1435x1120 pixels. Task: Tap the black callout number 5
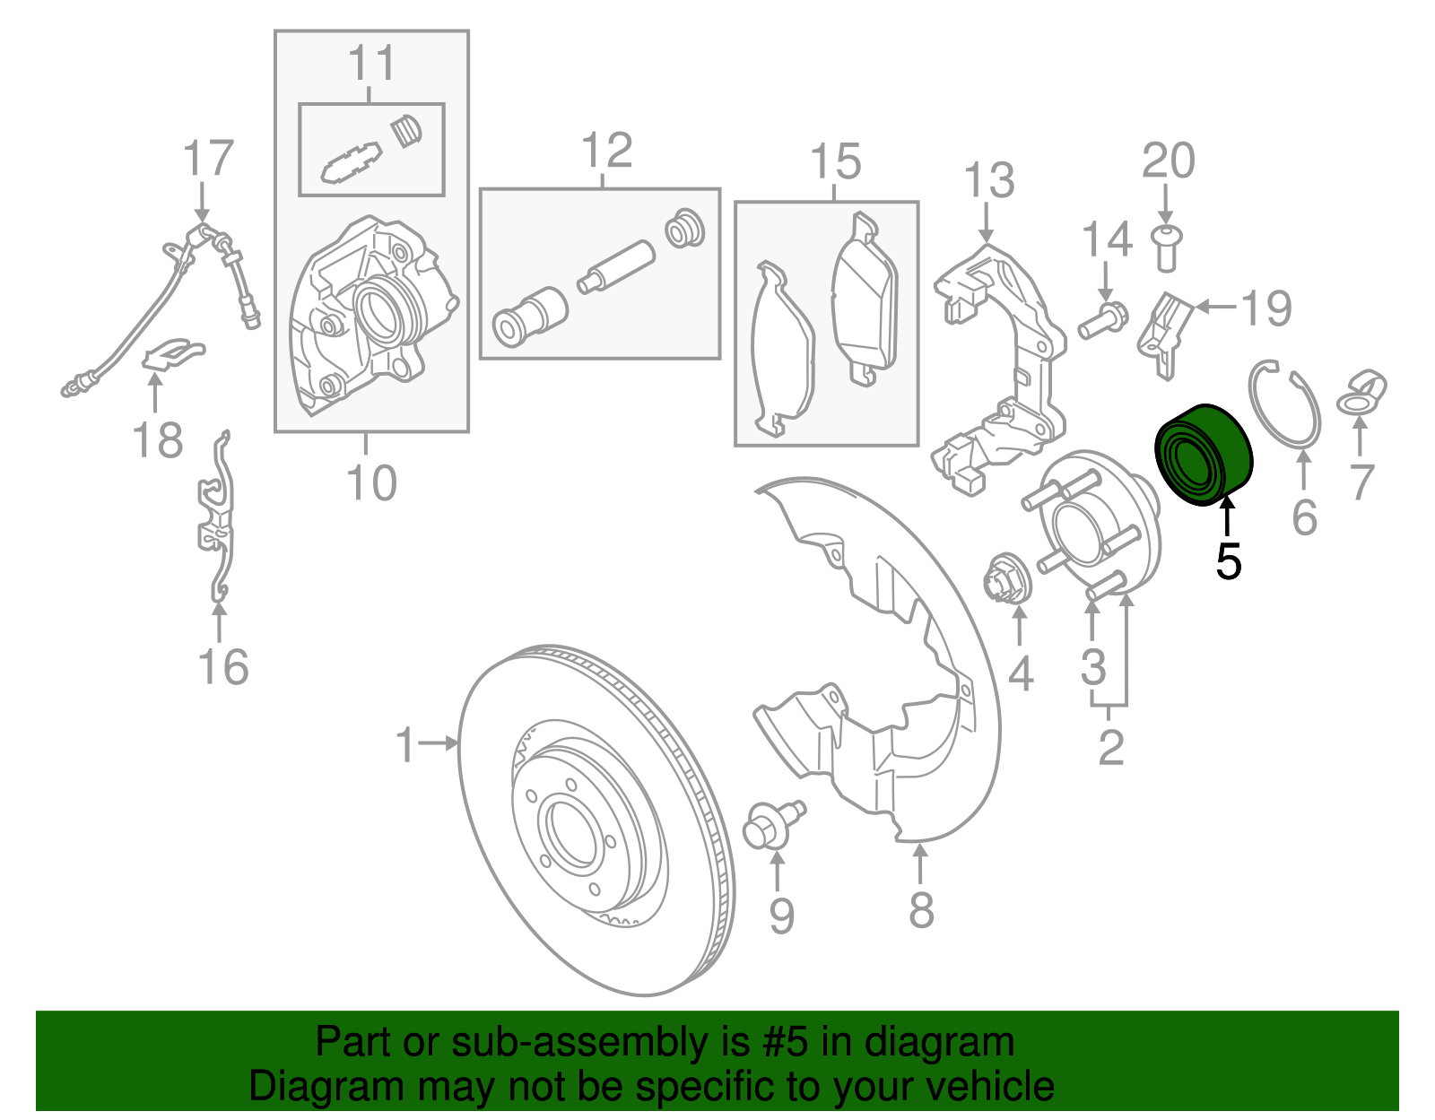point(1229,562)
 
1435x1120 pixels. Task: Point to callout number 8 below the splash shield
point(921,909)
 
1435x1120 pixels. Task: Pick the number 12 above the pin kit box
point(607,151)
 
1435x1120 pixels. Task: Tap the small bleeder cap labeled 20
point(1165,246)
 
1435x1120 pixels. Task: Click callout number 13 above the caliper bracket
point(989,180)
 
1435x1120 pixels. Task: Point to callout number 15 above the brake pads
point(835,161)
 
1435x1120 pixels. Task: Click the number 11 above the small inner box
point(371,64)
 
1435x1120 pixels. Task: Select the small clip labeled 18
point(173,352)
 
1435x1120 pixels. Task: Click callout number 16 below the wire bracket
point(222,667)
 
